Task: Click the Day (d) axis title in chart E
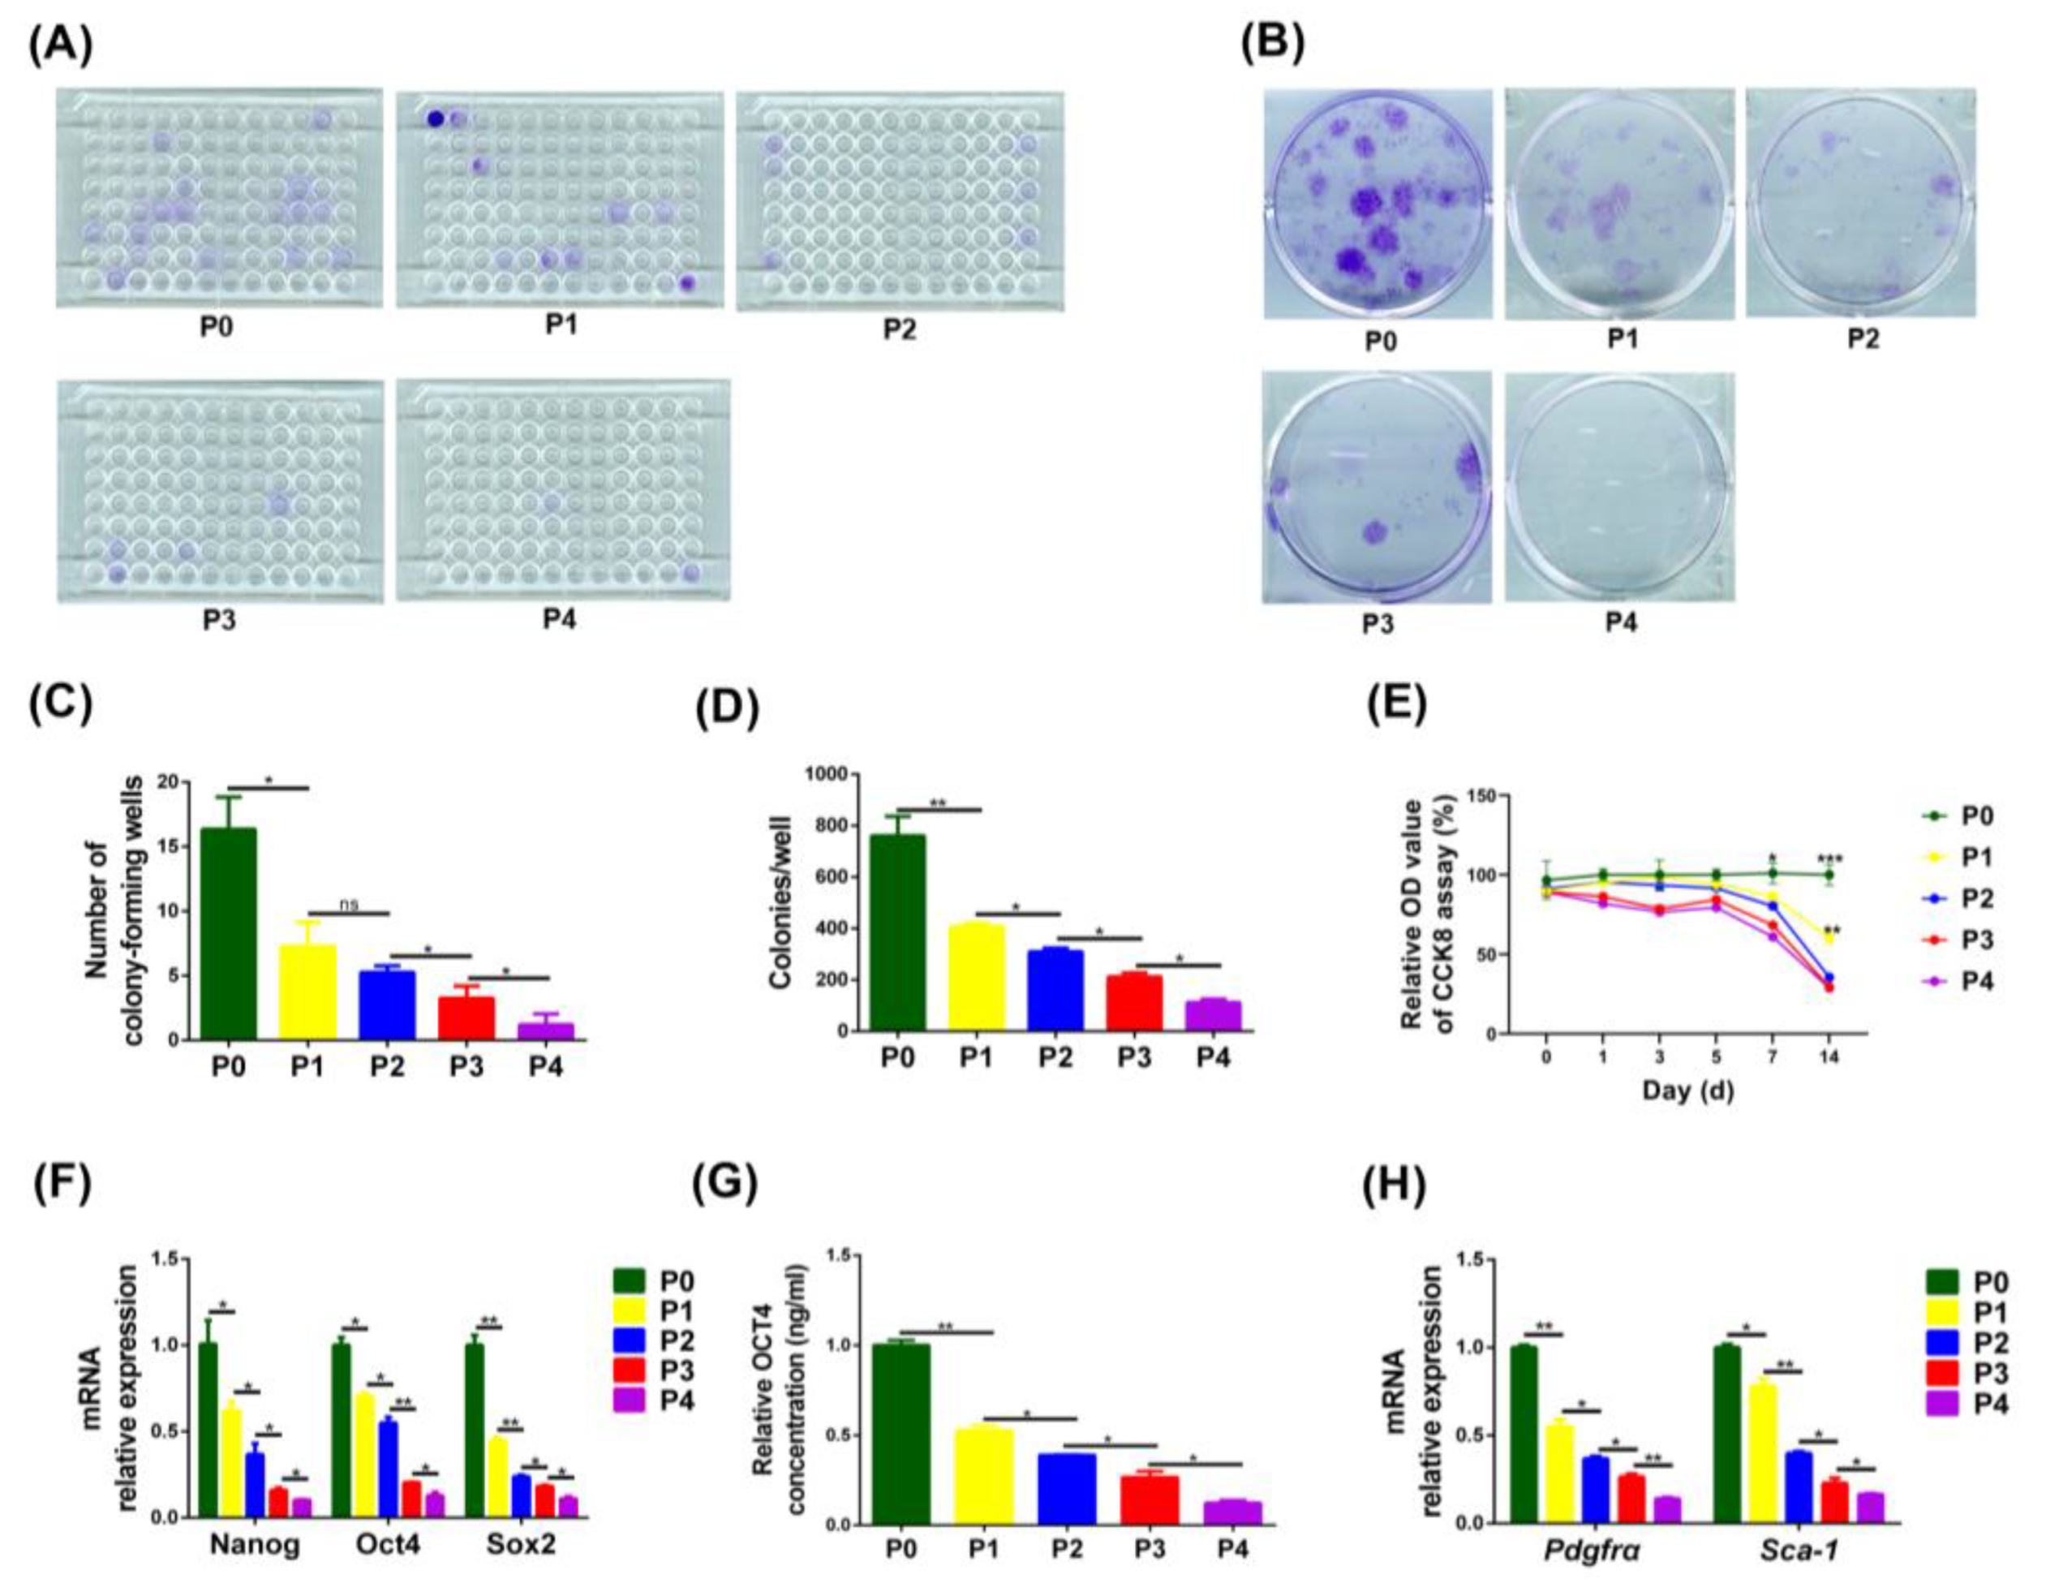click(x=1687, y=1091)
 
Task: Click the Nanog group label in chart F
click(x=255, y=1545)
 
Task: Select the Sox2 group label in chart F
click(x=521, y=1545)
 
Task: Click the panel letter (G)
click(x=723, y=1185)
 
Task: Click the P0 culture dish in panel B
click(x=1378, y=204)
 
